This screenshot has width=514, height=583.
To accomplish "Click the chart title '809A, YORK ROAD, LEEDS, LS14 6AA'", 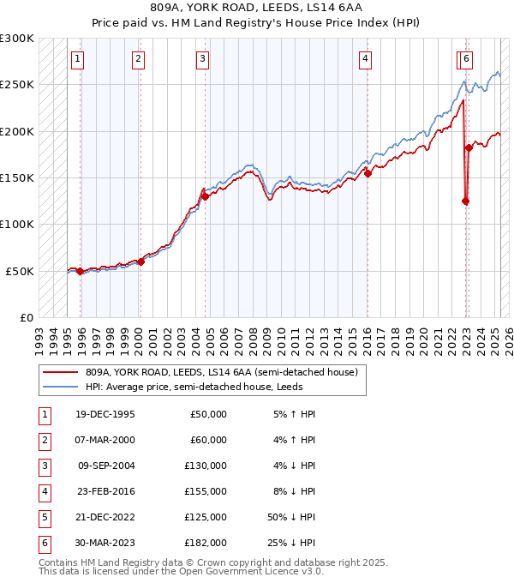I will [256, 8].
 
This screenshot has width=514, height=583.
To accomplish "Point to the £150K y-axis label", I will [17, 178].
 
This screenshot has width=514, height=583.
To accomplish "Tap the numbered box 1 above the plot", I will [78, 59].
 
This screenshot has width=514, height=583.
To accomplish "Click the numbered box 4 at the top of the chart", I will [365, 59].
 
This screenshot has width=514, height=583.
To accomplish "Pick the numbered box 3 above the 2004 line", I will [202, 59].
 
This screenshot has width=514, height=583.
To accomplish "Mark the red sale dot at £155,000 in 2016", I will [368, 173].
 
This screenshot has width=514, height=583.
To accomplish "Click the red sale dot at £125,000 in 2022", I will [465, 201].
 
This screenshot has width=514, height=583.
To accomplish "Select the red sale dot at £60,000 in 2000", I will [140, 261].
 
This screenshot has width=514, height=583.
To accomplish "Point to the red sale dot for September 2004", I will [206, 196].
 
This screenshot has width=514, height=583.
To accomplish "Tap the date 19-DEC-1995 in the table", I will [105, 414].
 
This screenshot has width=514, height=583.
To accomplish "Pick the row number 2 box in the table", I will [42, 440].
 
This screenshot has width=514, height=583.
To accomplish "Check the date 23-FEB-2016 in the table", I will [105, 491].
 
